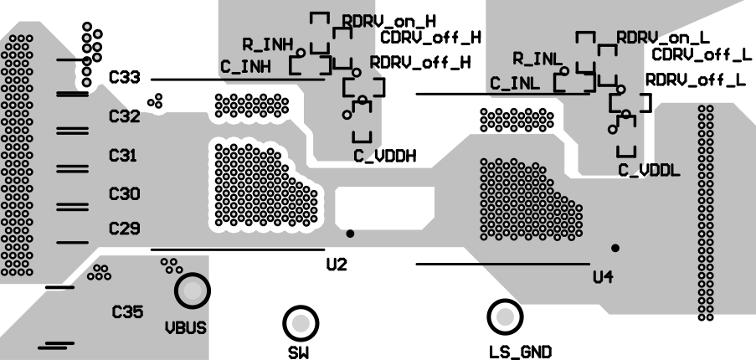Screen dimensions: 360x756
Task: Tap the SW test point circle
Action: tap(301, 322)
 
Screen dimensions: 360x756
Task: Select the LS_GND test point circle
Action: tap(505, 316)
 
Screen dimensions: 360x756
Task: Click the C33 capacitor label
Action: tap(125, 78)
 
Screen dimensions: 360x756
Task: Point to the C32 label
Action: tap(125, 116)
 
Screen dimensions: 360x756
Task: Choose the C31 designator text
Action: tap(125, 155)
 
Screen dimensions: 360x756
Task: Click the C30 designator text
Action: tap(125, 193)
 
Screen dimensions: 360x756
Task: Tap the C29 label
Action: tap(125, 229)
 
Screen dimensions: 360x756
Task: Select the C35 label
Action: tap(128, 312)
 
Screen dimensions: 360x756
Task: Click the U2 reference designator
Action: tap(337, 265)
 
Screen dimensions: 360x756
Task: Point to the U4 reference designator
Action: tap(603, 277)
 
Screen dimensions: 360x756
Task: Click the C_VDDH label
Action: tap(385, 155)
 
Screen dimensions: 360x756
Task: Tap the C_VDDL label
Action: tap(649, 170)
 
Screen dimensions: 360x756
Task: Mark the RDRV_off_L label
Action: tap(695, 80)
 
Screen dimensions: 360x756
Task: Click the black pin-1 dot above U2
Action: tap(350, 234)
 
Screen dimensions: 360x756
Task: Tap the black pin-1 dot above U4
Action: tap(615, 248)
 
